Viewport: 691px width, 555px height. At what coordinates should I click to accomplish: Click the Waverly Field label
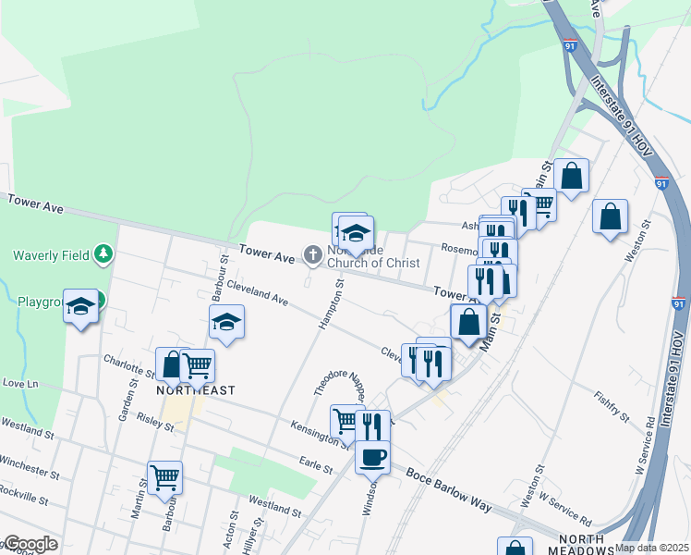pyautogui.click(x=51, y=256)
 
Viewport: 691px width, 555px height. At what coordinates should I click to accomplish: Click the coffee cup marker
pyautogui.click(x=372, y=456)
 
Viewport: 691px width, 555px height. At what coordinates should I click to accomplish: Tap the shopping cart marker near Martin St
pyautogui.click(x=164, y=478)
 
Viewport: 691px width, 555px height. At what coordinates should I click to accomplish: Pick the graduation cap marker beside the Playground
pyautogui.click(x=80, y=306)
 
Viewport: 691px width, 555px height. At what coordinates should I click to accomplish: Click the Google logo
pyautogui.click(x=30, y=544)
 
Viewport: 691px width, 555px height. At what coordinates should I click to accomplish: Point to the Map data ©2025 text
pyautogui.click(x=652, y=548)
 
